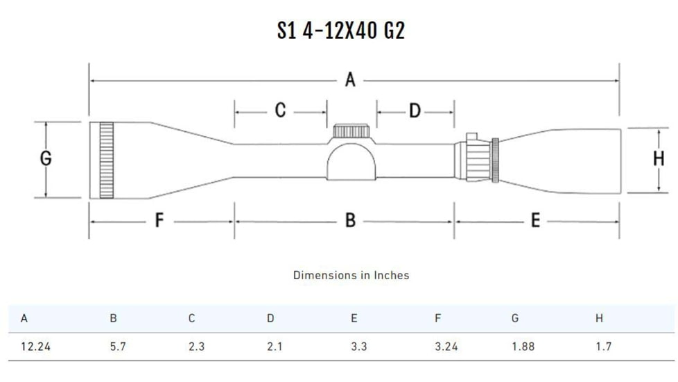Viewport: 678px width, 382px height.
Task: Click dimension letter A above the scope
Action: pos(350,81)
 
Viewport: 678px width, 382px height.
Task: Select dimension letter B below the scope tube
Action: pos(350,221)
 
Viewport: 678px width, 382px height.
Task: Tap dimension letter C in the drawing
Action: pos(280,110)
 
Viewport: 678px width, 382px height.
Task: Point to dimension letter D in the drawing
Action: pos(415,110)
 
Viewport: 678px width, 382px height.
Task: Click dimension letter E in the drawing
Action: pos(535,221)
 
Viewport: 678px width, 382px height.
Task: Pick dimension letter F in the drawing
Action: pos(159,221)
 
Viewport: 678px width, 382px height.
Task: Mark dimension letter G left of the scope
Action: pos(46,159)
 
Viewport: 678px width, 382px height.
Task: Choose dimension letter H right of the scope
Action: pos(658,159)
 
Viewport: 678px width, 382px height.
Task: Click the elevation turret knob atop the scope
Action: pos(351,131)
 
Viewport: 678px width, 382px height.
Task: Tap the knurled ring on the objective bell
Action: pos(106,160)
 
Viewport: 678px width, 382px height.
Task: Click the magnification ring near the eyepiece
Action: pos(495,160)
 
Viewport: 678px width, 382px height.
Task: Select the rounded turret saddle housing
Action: pos(351,161)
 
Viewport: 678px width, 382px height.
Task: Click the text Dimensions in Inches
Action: pos(351,275)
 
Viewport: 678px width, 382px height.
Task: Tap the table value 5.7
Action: pos(118,347)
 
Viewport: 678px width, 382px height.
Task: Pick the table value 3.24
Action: pos(446,347)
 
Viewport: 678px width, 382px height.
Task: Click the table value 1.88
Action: pos(523,347)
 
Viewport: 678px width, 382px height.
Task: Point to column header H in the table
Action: pos(599,319)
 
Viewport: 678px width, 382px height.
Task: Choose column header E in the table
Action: pos(354,319)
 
